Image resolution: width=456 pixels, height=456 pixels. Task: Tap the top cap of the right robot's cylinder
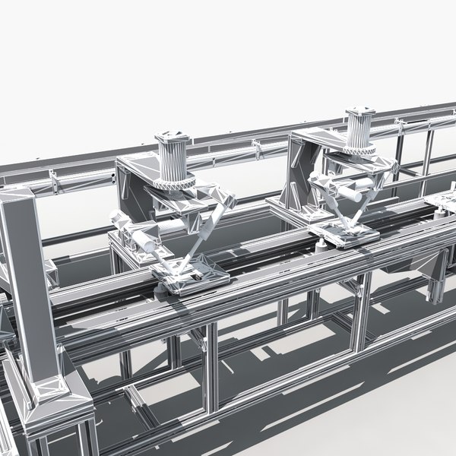360,111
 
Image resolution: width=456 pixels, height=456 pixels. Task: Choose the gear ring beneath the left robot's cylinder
175,183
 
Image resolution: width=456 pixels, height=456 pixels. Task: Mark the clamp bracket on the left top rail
54,181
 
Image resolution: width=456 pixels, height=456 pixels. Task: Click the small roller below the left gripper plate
160,290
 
